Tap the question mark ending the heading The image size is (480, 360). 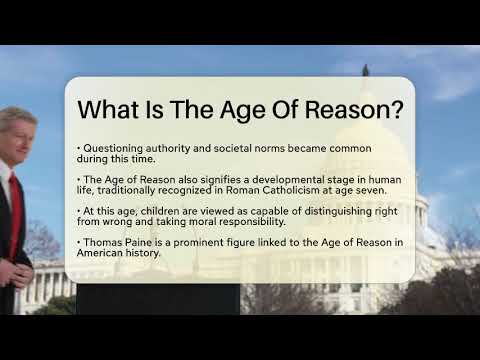pos(397,109)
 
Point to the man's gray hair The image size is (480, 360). pos(17,119)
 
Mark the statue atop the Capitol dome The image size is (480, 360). pos(366,70)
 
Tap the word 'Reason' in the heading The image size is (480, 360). pos(347,109)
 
